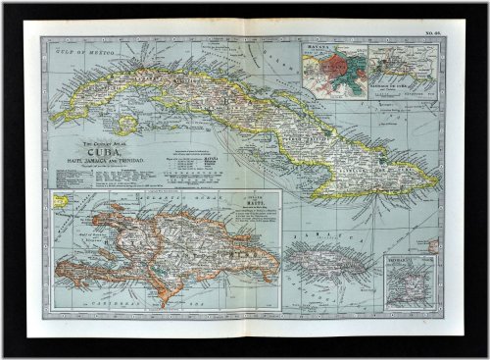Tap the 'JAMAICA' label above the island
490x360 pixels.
tap(323, 238)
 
